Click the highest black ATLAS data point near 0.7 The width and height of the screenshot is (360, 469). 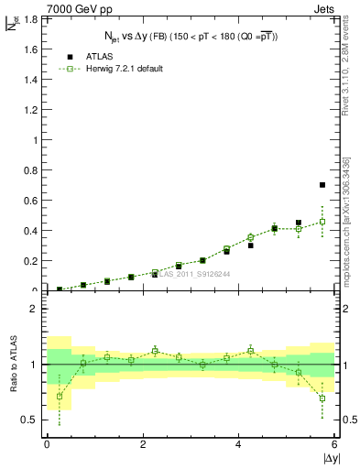(322, 185)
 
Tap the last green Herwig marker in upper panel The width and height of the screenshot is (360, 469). (322, 222)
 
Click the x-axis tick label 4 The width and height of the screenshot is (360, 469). (239, 444)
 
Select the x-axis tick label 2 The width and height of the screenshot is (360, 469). (143, 444)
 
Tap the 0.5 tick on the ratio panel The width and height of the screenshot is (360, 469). (31, 420)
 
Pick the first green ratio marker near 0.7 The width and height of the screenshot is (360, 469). (60, 397)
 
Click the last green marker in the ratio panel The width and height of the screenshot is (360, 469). (322, 398)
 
